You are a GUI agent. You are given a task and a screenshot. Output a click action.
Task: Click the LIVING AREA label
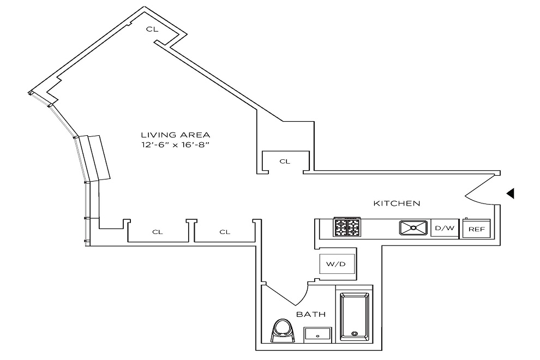coord(175,135)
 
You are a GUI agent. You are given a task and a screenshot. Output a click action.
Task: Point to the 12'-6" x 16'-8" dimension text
coord(175,145)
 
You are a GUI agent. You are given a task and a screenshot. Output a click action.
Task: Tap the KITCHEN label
coord(397,203)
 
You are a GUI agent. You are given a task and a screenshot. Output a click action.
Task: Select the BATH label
coord(311,315)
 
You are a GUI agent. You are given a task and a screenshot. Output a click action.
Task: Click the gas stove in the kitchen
coord(348,227)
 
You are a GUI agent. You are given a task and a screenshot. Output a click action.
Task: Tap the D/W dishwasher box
coord(443,228)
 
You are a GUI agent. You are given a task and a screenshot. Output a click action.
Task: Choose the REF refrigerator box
coord(476,229)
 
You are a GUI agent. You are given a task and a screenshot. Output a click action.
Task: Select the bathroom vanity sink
coord(317,334)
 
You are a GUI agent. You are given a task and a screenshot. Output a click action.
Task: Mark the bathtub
coord(355,316)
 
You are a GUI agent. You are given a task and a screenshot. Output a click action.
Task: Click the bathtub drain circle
coord(355,333)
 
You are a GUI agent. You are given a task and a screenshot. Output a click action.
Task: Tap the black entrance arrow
coord(510,193)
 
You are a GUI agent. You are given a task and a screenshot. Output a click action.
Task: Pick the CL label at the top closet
coord(152,29)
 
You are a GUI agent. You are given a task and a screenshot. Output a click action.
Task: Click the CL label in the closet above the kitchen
coord(285,161)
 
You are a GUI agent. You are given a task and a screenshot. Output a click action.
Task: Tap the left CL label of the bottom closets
coord(157,232)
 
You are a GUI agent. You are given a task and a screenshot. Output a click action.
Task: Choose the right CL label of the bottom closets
coord(225,232)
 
